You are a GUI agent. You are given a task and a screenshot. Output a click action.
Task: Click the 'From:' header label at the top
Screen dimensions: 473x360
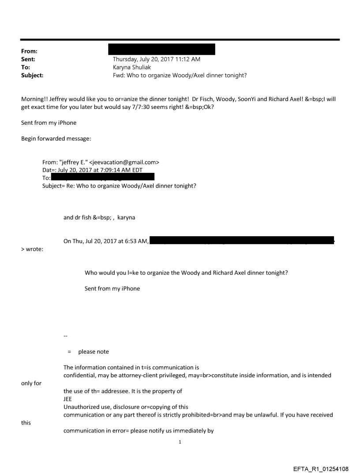pyautogui.click(x=29, y=52)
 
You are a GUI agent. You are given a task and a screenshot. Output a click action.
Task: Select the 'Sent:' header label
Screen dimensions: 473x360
pyautogui.click(x=28, y=59)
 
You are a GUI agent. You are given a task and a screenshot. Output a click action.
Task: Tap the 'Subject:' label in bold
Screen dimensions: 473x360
pyautogui.click(x=32, y=75)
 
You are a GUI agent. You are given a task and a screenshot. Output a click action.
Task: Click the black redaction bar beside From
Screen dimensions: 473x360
pyautogui.click(x=161, y=49)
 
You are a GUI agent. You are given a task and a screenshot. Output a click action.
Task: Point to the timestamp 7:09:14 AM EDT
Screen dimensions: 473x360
pyautogui.click(x=116, y=170)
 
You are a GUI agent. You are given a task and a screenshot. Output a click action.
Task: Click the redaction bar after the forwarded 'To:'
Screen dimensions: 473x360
pyautogui.click(x=102, y=177)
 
